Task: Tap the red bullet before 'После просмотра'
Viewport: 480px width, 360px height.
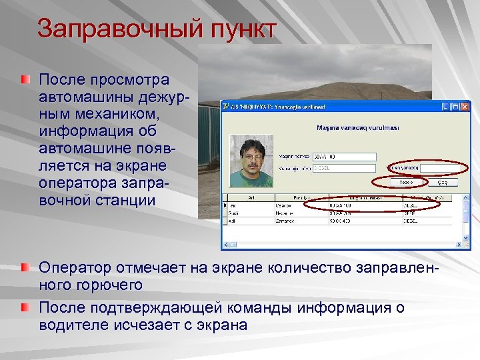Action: click(25, 80)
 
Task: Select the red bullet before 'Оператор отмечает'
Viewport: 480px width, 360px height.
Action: click(25, 268)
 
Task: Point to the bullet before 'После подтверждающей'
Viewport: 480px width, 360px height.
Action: click(25, 307)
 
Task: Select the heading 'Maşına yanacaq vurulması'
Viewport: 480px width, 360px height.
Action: click(356, 129)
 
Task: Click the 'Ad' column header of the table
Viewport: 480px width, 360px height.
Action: click(250, 198)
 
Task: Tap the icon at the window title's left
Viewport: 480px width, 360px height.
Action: click(227, 106)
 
